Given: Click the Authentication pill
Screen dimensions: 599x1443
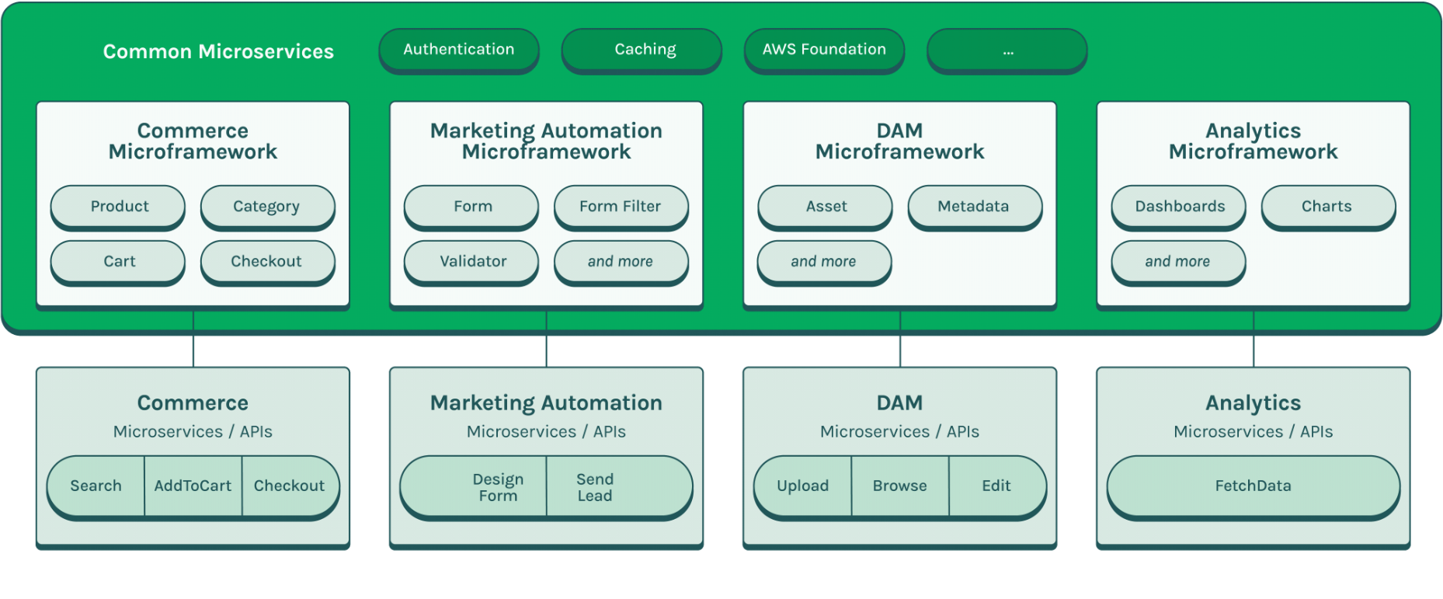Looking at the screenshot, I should tap(458, 50).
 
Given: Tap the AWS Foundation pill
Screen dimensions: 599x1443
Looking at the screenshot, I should tap(824, 50).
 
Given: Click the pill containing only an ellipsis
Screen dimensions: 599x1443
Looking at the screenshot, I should tap(1007, 50).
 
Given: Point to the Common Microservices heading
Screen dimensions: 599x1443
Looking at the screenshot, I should tap(218, 51).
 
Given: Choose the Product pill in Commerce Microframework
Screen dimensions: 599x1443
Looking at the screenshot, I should tap(118, 206).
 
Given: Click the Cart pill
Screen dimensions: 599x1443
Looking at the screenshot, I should tap(118, 261).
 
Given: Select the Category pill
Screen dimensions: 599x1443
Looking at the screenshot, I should tap(267, 206).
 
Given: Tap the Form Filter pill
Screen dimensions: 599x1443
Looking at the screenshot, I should tap(621, 206).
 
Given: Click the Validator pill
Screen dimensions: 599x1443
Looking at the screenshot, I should tap(471, 261).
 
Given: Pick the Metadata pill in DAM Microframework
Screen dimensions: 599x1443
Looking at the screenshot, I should tap(974, 206).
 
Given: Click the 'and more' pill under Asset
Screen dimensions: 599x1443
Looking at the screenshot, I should tap(824, 261).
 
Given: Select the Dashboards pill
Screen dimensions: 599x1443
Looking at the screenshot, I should tap(1178, 206).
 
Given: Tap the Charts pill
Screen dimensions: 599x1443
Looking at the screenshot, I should tap(1327, 206).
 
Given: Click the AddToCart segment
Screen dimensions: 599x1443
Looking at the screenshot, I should tap(193, 486).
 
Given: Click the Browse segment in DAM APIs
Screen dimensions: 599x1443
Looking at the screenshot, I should tap(899, 486).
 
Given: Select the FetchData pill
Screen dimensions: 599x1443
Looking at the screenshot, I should tap(1253, 486).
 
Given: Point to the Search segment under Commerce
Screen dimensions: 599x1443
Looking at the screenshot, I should tap(96, 486).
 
